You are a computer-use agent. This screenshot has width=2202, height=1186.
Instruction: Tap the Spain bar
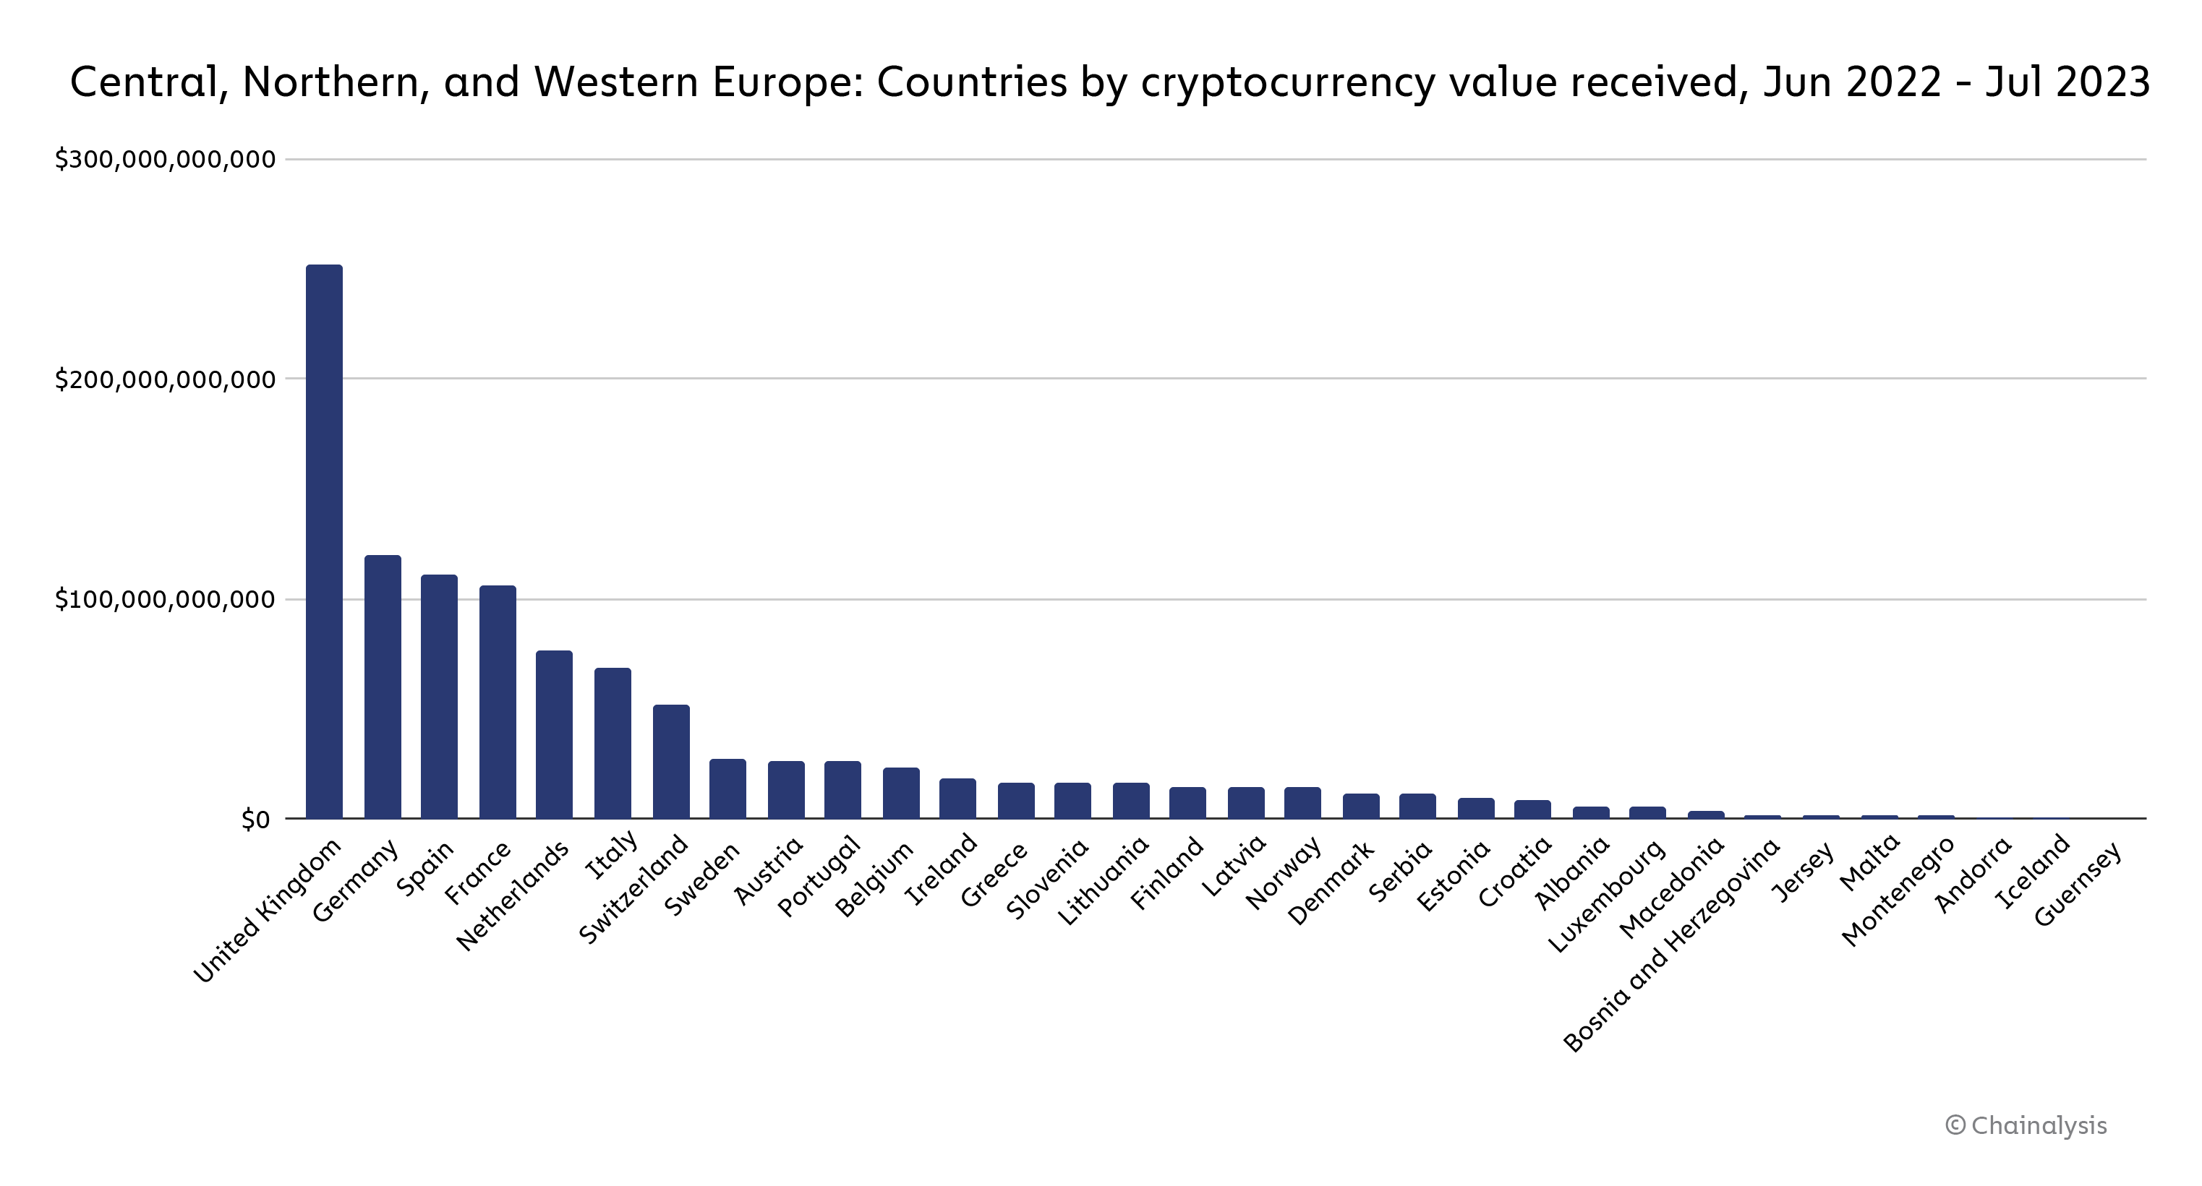(438, 697)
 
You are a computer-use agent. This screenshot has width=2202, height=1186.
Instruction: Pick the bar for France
(498, 702)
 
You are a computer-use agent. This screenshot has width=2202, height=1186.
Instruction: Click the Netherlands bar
(554, 734)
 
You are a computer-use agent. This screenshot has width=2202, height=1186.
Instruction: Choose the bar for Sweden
(727, 788)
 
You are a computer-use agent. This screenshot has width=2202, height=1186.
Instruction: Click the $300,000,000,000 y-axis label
(165, 159)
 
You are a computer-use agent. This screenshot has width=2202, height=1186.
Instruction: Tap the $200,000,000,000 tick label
(165, 379)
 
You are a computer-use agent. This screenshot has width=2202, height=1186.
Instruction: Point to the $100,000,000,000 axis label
(165, 600)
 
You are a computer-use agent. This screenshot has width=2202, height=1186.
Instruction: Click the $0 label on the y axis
(255, 820)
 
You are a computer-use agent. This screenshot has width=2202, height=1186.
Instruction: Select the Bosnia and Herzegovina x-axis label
(1671, 945)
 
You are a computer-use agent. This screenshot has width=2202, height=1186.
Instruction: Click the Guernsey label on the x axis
(2076, 885)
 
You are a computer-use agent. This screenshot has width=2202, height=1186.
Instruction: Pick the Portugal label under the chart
(818, 877)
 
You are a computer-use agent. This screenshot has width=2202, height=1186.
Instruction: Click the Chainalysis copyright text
(2026, 1125)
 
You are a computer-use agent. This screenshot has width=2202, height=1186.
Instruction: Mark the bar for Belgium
(901, 793)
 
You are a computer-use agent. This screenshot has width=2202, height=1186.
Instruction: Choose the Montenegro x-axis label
(1897, 892)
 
